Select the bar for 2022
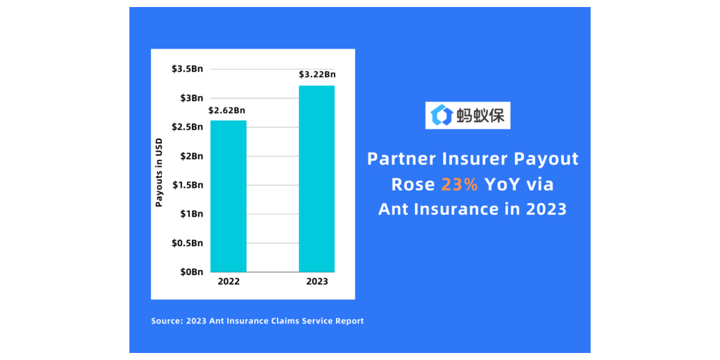(229, 196)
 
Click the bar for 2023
(316, 179)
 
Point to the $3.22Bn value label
(317, 75)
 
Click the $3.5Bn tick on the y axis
(187, 69)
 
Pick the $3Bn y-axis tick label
(191, 98)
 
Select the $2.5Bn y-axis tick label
(187, 127)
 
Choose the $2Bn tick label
(191, 155)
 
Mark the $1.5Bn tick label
(187, 185)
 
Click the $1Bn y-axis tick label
(191, 214)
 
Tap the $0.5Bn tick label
(187, 243)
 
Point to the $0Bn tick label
(191, 271)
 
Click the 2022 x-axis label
(229, 282)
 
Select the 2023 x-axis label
(316, 282)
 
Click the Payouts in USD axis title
(159, 172)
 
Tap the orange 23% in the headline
(460, 184)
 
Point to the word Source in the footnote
(166, 321)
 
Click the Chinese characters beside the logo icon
(480, 115)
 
